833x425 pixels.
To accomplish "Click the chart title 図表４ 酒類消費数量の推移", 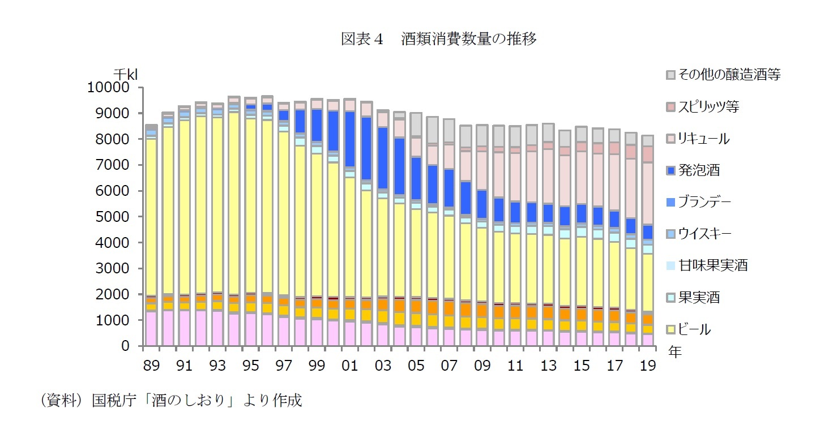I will (439, 39).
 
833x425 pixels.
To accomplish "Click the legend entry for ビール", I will (694, 329).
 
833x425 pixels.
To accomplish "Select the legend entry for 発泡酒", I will (699, 170).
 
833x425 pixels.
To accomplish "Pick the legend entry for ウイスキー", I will (704, 234).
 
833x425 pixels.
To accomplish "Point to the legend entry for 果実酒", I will (699, 297).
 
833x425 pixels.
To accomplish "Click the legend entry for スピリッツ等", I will (708, 106).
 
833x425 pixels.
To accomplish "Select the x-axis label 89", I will (151, 366).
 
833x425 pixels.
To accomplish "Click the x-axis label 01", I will (349, 366).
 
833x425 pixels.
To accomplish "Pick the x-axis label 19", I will (648, 366).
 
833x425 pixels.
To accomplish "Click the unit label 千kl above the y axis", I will (126, 74).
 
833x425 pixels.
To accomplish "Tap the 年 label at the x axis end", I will (674, 353).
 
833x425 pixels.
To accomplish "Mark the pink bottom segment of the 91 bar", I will (184, 328).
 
